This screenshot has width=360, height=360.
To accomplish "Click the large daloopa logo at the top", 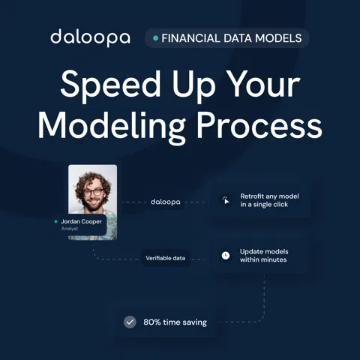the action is coord(90,37).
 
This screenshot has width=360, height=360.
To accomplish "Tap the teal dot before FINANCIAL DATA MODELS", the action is coord(155,38).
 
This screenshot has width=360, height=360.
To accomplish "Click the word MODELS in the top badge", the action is coord(278,38).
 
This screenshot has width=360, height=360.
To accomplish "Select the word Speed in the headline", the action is coord(110,84).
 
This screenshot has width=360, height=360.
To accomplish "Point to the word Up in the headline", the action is coord(193,85).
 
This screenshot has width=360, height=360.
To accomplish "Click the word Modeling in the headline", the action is coord(112,126).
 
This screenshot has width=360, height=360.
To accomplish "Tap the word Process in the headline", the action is coord(259,125).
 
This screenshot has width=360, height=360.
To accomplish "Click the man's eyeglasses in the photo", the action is coord(93,193).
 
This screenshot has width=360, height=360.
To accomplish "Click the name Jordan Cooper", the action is coord(81,221).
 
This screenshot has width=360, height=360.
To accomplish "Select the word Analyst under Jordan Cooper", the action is coord(70,229).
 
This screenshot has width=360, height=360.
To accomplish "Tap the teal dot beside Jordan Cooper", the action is coord(55,221).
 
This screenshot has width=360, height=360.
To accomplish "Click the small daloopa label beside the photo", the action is coord(166,202).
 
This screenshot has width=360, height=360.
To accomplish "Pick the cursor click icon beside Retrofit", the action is coord(226,200).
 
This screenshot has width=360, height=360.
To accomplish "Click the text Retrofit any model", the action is coord(269,196).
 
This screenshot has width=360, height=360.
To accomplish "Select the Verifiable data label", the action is coord(166,258).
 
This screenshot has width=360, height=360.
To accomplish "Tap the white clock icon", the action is coord(226,256).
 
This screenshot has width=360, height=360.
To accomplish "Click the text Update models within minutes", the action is coord(264,256).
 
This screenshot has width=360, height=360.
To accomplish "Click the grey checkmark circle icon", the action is coord(130,322).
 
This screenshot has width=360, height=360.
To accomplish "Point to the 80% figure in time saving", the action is coord(152,322).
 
